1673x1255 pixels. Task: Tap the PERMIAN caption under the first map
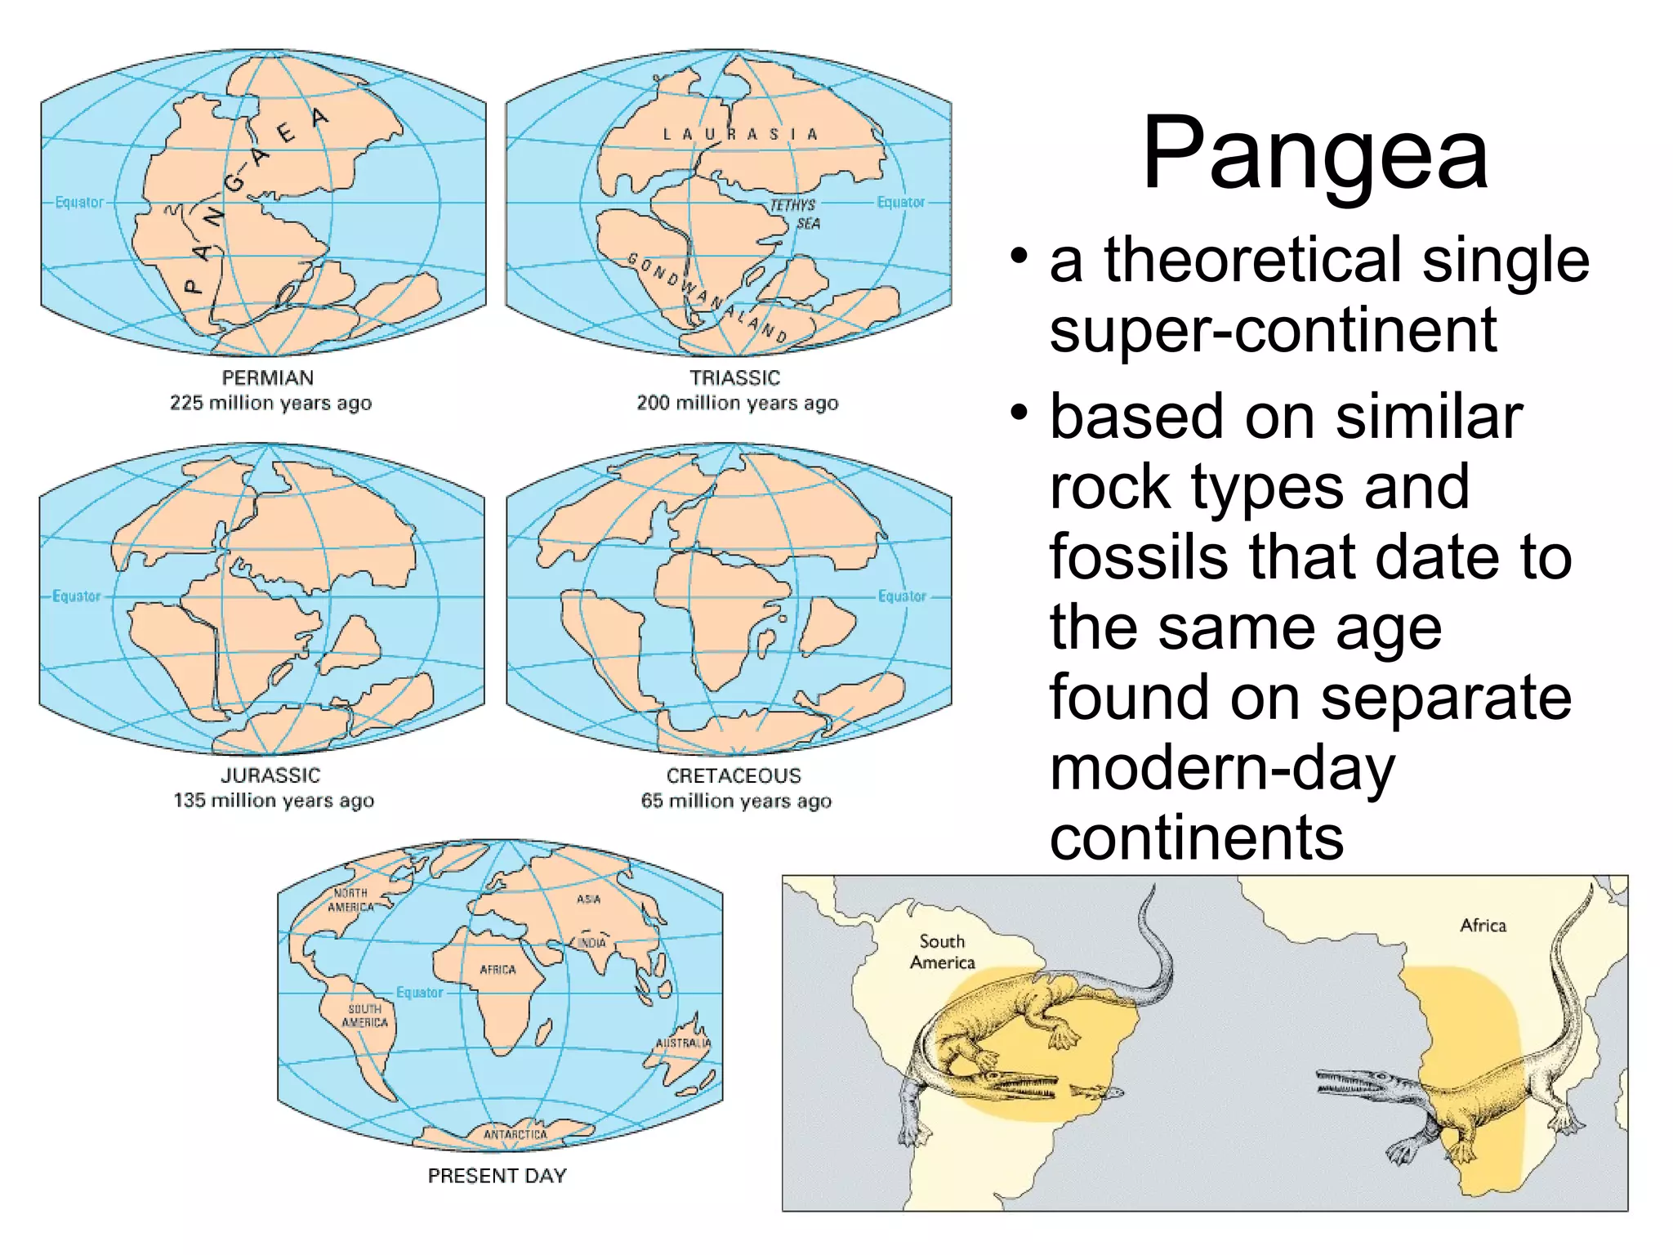coord(268,377)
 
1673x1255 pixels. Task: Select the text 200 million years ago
coord(737,403)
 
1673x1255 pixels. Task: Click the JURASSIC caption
coord(270,775)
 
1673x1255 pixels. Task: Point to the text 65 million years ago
coord(736,801)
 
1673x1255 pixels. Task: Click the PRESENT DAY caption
coord(497,1176)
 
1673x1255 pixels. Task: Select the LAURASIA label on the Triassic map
coord(739,134)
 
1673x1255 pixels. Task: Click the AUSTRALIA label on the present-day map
coord(683,1043)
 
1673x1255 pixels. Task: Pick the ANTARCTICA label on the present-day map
coord(515,1134)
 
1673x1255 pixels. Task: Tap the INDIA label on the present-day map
coord(592,943)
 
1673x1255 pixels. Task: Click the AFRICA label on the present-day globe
coord(497,970)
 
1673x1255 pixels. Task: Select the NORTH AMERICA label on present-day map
coord(350,900)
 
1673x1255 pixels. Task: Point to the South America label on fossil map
coord(942,952)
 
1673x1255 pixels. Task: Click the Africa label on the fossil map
coord(1483,925)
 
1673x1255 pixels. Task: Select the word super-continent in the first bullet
coord(1272,330)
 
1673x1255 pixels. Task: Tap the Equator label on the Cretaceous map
coord(902,596)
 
